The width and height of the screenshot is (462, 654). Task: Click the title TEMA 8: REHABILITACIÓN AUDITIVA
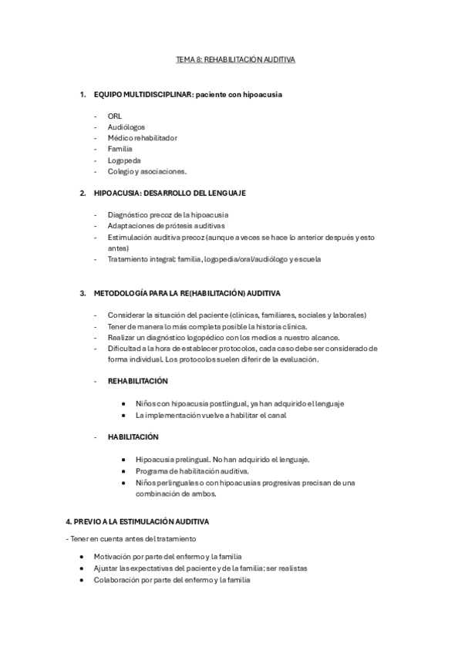click(231, 59)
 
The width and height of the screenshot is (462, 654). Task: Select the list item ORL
click(115, 116)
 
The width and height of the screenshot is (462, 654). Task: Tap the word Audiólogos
click(126, 126)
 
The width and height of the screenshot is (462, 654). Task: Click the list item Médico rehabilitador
click(142, 137)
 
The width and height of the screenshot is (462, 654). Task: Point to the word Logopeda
click(124, 160)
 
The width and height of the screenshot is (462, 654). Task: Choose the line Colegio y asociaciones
click(147, 171)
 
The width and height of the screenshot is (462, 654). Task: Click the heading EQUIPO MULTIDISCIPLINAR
click(143, 95)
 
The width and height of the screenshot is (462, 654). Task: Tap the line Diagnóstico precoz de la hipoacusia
click(167, 214)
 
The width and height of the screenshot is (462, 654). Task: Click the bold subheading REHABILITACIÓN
click(138, 381)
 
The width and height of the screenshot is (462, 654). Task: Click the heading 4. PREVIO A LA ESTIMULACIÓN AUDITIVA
click(137, 522)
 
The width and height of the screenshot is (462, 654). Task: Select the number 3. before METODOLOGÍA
click(83, 294)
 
